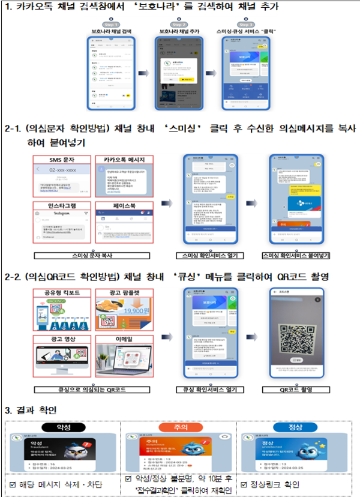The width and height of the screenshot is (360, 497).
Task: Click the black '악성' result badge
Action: coord(62,427)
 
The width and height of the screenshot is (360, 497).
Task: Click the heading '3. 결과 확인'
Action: coord(31,411)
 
